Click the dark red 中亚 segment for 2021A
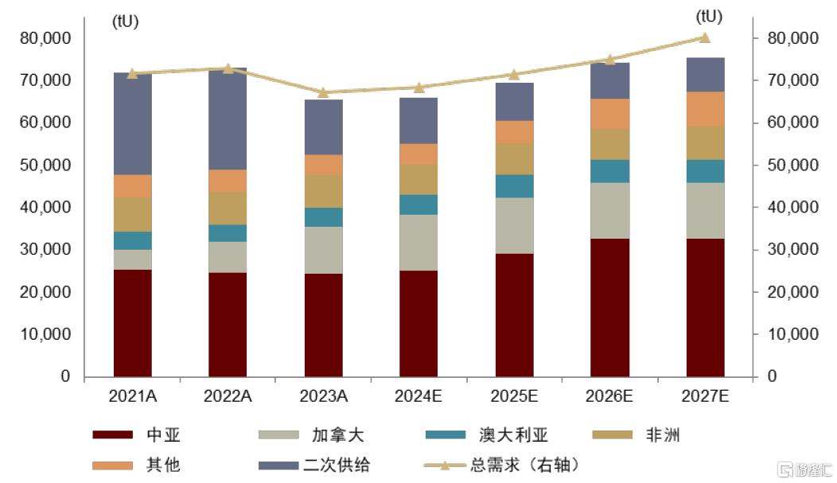click(x=133, y=322)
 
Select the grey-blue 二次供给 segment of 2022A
click(x=228, y=119)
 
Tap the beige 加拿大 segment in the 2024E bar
click(x=418, y=243)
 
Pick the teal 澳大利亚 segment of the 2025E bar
click(x=514, y=185)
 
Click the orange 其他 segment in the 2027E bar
click(x=705, y=109)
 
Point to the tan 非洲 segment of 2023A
click(x=323, y=191)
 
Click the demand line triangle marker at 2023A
click(x=323, y=92)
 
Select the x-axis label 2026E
click(x=610, y=395)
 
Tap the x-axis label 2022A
click(x=228, y=395)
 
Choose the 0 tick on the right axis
click(x=772, y=376)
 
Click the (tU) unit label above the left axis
click(x=125, y=21)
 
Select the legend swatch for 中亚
click(x=112, y=434)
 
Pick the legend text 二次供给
click(x=337, y=464)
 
